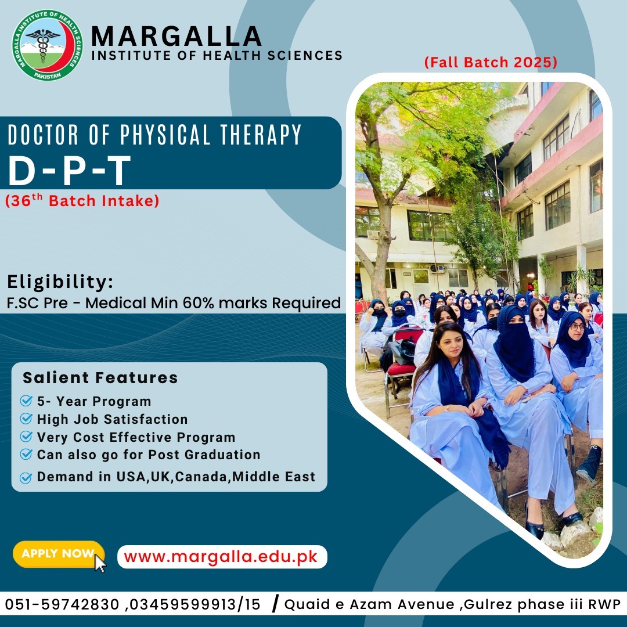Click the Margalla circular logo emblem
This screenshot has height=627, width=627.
coord(48,45)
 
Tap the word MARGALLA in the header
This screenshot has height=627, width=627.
coord(176,37)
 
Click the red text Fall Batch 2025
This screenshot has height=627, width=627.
coord(491,63)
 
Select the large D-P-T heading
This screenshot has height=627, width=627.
coord(70,169)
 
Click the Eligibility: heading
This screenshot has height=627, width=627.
coord(60,283)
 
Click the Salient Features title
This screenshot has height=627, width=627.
coord(100,378)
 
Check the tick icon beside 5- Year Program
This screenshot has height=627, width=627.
coord(26,401)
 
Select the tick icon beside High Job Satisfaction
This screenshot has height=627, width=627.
coord(26,419)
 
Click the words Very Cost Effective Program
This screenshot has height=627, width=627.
coord(136,437)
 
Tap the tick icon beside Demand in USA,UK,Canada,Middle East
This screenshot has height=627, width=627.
coord(26,478)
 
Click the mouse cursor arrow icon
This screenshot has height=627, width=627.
coord(100,563)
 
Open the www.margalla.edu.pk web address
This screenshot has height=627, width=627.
coord(221,557)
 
